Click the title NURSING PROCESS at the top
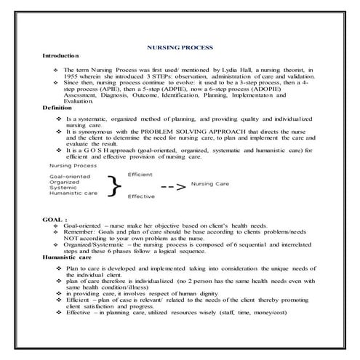click(180, 47)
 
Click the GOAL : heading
click(55, 217)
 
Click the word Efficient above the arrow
click(140, 175)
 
